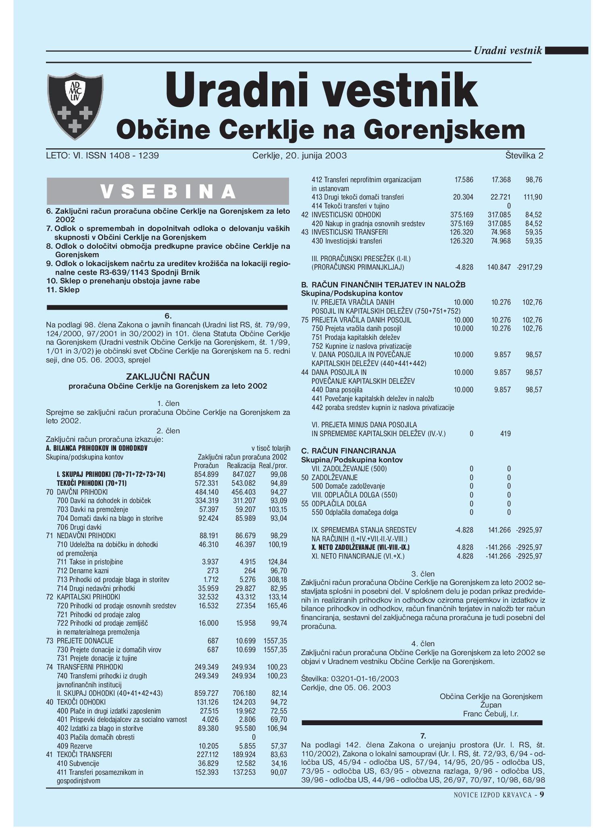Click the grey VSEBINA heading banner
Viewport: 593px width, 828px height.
pyautogui.click(x=168, y=191)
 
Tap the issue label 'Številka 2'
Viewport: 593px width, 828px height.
pyautogui.click(x=524, y=156)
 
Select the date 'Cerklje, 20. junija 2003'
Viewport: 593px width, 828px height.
pyautogui.click(x=300, y=156)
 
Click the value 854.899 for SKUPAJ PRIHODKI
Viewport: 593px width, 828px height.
pyautogui.click(x=206, y=474)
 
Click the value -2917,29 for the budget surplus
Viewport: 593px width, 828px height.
pyautogui.click(x=529, y=267)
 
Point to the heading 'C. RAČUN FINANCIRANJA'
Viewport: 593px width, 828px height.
pyautogui.click(x=348, y=451)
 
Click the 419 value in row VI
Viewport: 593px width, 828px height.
pyautogui.click(x=506, y=434)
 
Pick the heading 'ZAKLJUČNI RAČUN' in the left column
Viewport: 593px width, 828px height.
pyautogui.click(x=168, y=377)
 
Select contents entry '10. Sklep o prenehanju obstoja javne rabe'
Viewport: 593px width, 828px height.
pyautogui.click(x=123, y=281)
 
